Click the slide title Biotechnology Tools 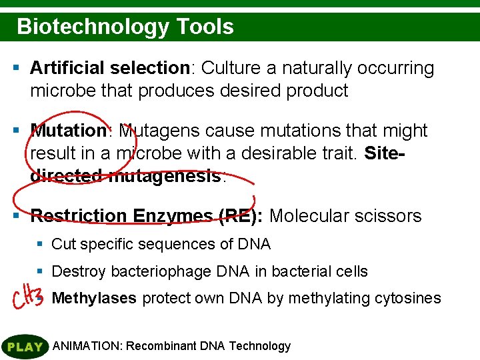click(x=125, y=27)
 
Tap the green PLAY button click(x=25, y=347)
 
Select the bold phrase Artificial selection click(x=110, y=68)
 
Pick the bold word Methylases click(x=94, y=298)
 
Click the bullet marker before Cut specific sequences click(x=40, y=244)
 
